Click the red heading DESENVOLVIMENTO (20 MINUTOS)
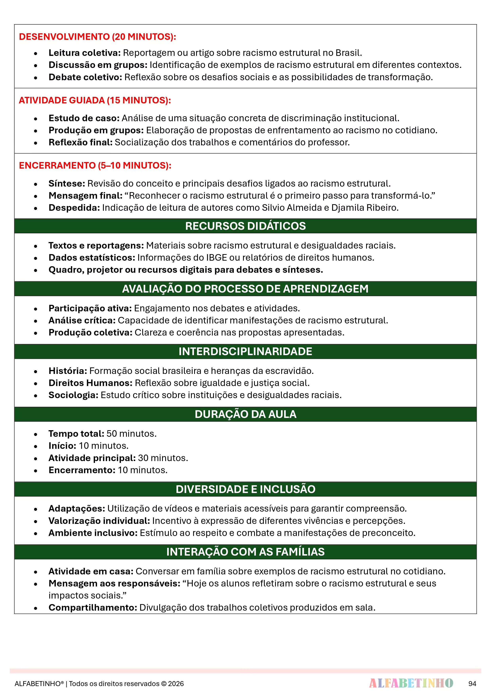97,37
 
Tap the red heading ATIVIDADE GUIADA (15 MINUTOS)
95,100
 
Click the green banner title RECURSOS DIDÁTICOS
245,226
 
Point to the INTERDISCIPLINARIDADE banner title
245,351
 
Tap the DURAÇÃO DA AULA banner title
245,414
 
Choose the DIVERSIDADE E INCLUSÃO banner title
245,489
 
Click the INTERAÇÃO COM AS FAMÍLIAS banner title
245,552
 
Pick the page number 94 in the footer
472,684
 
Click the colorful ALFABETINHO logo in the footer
411,683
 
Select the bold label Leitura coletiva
84,53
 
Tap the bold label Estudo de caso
84,118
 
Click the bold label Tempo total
76,434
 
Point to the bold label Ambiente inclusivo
93,533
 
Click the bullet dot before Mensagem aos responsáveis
36,584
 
